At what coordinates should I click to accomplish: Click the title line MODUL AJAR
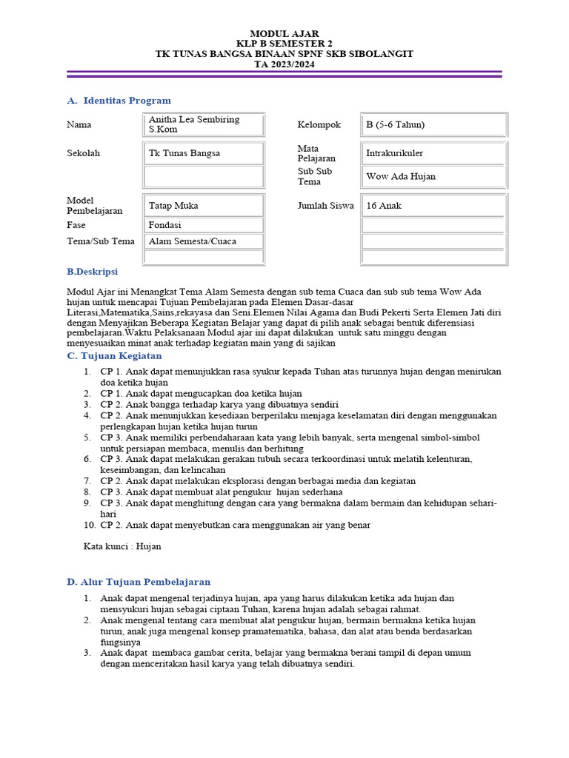[284, 33]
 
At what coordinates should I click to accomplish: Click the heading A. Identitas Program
[119, 101]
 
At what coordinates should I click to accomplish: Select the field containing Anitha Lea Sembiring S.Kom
[204, 124]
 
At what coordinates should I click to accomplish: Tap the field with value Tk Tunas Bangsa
[204, 153]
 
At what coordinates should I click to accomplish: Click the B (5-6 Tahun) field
[433, 124]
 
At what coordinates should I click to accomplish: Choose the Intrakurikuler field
[433, 153]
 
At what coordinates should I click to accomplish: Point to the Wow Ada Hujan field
[433, 176]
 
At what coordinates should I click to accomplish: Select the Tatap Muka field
[204, 206]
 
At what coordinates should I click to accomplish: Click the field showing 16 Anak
[433, 206]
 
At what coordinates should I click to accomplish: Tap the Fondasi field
[204, 225]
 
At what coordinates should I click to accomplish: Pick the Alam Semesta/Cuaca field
[204, 241]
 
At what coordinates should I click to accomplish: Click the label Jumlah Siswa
[325, 206]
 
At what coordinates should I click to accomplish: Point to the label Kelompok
[319, 124]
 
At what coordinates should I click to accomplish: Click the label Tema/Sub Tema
[101, 241]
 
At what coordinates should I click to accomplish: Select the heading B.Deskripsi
[92, 272]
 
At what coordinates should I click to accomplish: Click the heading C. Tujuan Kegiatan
[114, 356]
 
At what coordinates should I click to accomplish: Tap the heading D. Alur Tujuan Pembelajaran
[139, 582]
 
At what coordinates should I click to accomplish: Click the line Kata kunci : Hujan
[122, 546]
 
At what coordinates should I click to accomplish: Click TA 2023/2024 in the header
[284, 64]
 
